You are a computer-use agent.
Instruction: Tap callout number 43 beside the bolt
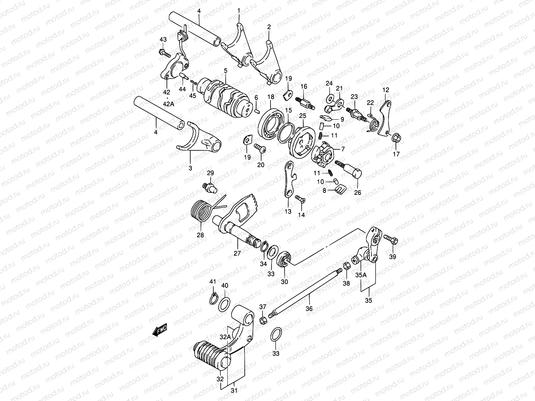click(163, 39)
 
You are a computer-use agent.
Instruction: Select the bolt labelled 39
click(391, 239)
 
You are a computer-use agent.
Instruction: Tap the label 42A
click(167, 104)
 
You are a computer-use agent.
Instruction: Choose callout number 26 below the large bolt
click(358, 192)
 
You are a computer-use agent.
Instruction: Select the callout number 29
click(210, 173)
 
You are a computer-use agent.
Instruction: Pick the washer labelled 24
click(329, 98)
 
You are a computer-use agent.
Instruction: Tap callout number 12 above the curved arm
click(386, 90)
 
